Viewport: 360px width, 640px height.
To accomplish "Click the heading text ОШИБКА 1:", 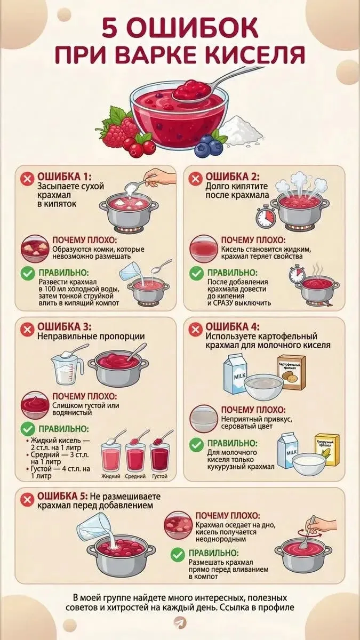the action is [65, 177].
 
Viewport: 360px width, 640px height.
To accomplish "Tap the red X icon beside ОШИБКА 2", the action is [195, 179].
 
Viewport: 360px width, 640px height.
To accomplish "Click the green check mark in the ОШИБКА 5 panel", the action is [178, 555].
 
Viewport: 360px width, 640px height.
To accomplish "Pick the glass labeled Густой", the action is [159, 457].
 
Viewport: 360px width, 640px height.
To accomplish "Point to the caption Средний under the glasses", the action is [135, 476].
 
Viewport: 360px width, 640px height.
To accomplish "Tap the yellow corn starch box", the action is [327, 450].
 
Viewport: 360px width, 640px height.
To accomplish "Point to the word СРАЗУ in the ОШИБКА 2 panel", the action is [224, 303].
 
